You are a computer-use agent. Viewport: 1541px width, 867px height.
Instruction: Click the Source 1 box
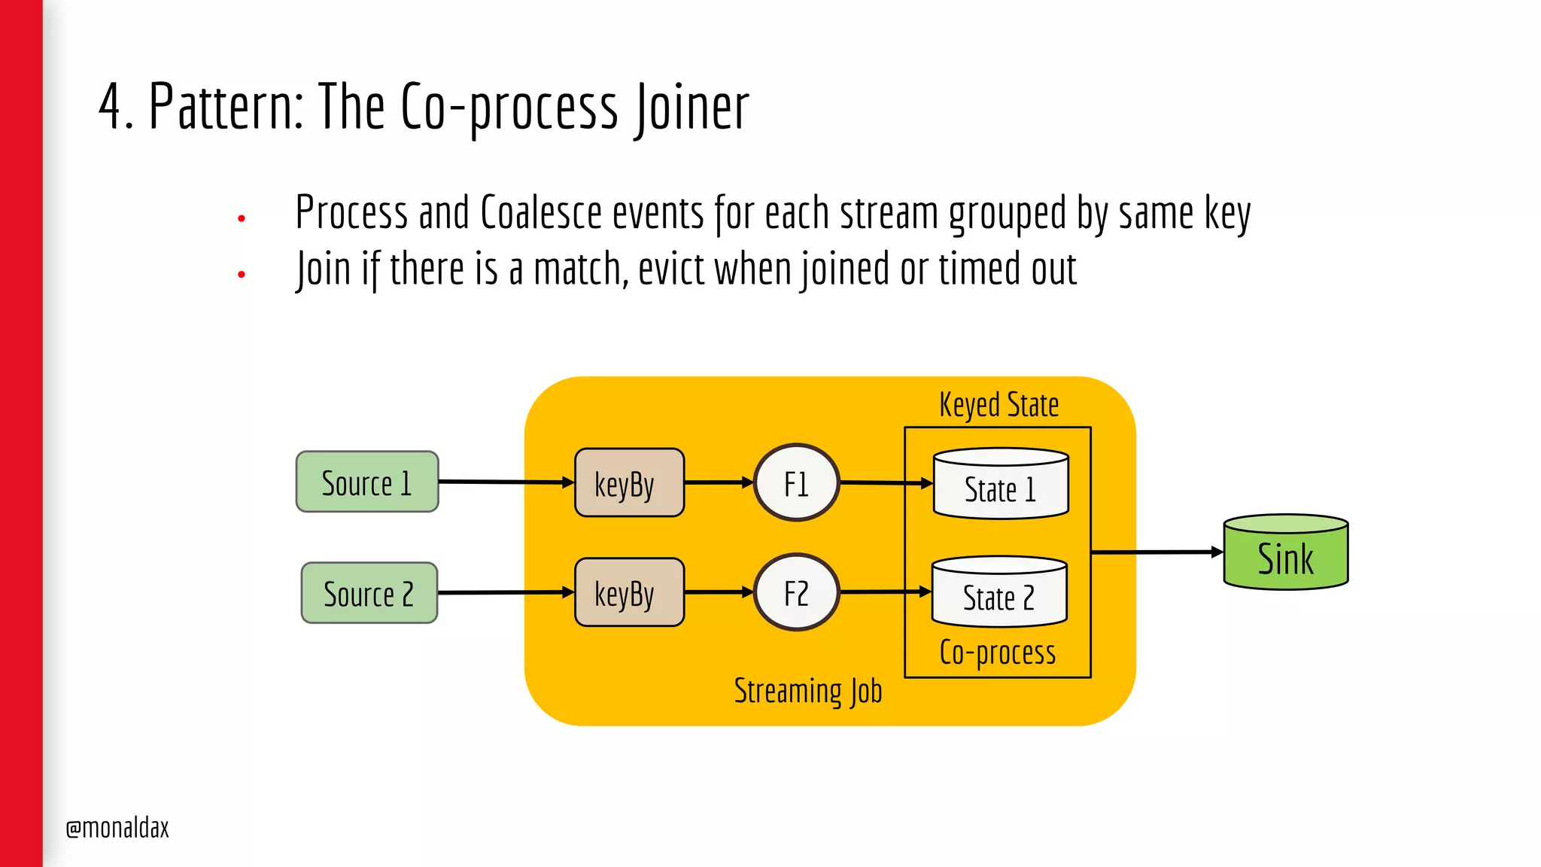(x=367, y=482)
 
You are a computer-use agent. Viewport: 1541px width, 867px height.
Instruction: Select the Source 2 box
(x=369, y=593)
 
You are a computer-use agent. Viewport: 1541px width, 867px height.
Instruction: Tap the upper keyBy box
(x=629, y=483)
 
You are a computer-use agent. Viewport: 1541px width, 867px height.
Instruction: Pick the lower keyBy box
(x=629, y=592)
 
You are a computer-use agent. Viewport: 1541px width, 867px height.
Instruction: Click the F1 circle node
(x=796, y=482)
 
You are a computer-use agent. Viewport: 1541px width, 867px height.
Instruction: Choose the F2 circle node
(x=796, y=592)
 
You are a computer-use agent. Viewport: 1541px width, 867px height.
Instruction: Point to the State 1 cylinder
(x=1000, y=485)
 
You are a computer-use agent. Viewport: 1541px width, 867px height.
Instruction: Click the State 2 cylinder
(x=998, y=593)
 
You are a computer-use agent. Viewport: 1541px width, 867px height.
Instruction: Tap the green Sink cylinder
(x=1285, y=553)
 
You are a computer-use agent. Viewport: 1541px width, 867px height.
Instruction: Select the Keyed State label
(x=998, y=405)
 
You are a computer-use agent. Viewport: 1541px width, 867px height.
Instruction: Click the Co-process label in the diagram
(x=997, y=653)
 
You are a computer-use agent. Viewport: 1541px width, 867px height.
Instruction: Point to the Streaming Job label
(x=807, y=691)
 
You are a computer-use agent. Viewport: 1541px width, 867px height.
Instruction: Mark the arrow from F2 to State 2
(x=885, y=592)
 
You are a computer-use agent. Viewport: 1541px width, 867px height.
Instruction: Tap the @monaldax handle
(x=117, y=828)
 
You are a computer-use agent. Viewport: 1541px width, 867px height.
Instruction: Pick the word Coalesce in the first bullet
(x=540, y=213)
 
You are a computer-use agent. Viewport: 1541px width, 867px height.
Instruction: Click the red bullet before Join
(x=242, y=275)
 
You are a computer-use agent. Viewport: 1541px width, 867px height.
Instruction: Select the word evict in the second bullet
(x=671, y=269)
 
